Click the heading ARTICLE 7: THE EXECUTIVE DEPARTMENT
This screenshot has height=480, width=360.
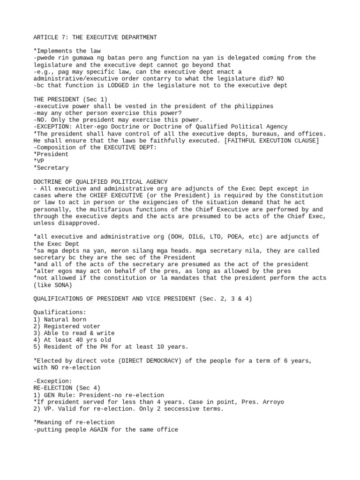(x=95, y=37)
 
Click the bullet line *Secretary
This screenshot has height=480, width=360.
(x=51, y=168)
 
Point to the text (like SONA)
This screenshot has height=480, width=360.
(x=52, y=285)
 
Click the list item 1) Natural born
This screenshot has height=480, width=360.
(x=60, y=319)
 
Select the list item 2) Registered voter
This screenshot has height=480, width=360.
(x=67, y=326)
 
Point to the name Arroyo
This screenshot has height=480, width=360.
(x=271, y=402)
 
